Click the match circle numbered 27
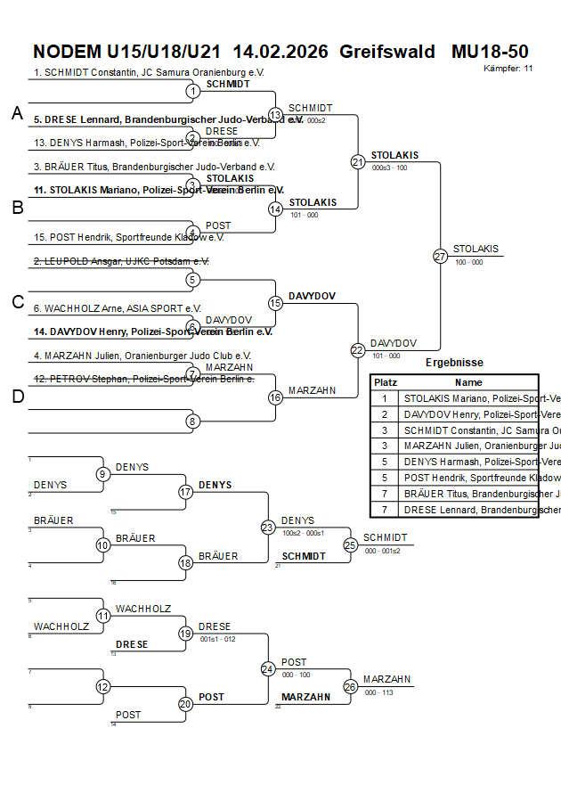[x=440, y=256]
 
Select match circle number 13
[x=275, y=115]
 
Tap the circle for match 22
[x=358, y=350]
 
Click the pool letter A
[x=17, y=113]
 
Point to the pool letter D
[x=17, y=397]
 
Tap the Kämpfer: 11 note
[x=508, y=68]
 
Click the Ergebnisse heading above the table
[x=454, y=363]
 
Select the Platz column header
[x=385, y=381]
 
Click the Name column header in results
[x=467, y=381]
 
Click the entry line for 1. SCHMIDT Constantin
[x=149, y=72]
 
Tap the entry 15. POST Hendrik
[x=128, y=237]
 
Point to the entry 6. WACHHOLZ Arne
[x=118, y=308]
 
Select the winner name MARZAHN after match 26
[x=386, y=679]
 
